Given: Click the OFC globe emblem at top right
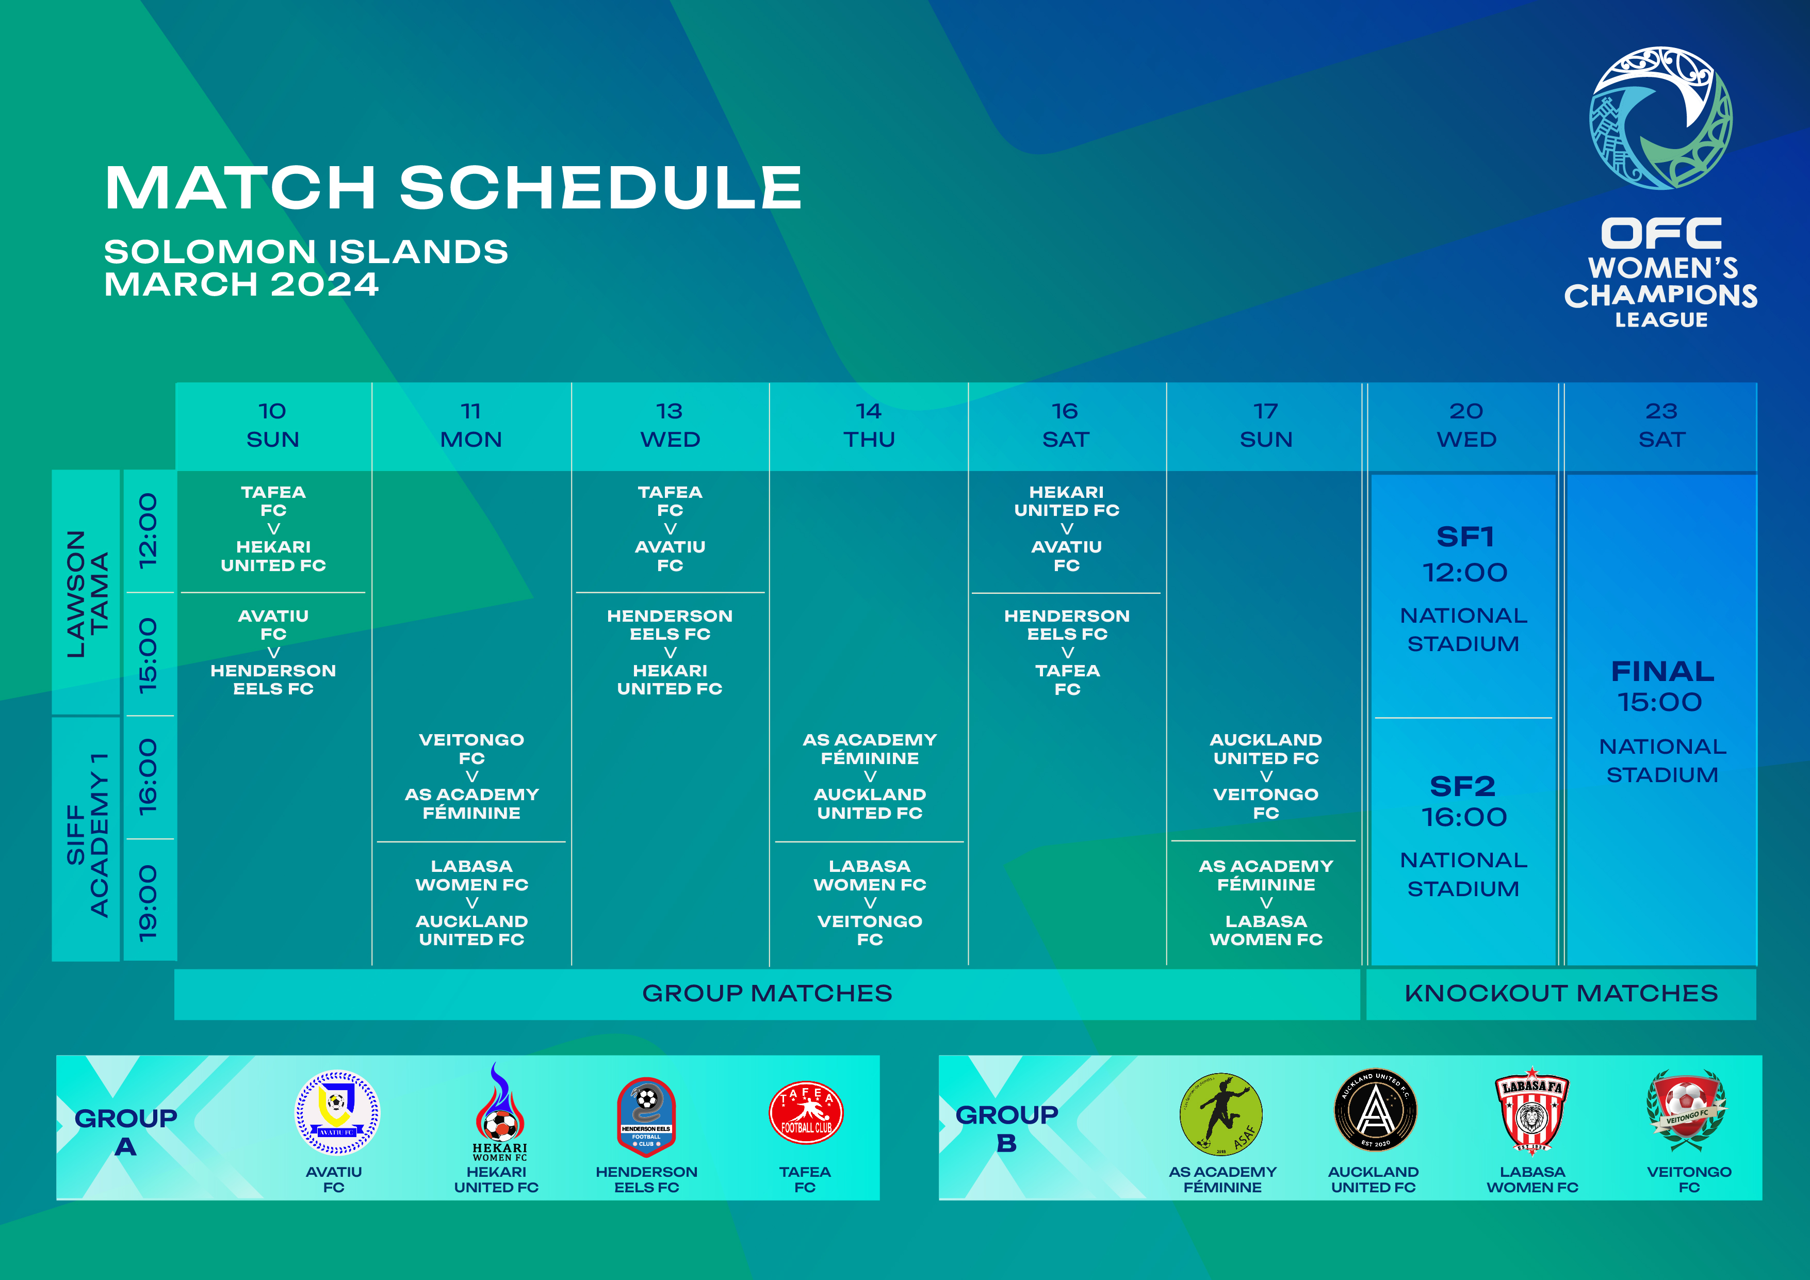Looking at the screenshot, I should tap(1660, 118).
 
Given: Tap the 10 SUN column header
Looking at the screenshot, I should tap(273, 425).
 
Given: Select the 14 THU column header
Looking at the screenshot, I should tap(869, 425).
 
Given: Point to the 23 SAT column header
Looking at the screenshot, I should tap(1661, 425).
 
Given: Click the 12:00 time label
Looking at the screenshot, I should tap(148, 530).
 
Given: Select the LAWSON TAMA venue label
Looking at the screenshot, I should tap(87, 593).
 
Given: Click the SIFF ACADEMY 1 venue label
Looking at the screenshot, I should tap(87, 835).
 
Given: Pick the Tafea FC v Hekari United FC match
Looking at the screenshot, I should tap(273, 528).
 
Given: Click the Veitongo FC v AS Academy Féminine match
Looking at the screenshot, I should tap(471, 776).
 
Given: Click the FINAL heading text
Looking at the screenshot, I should tap(1662, 671).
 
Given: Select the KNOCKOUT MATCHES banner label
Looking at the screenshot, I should tap(1561, 993).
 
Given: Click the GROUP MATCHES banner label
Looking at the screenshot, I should tap(767, 993).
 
